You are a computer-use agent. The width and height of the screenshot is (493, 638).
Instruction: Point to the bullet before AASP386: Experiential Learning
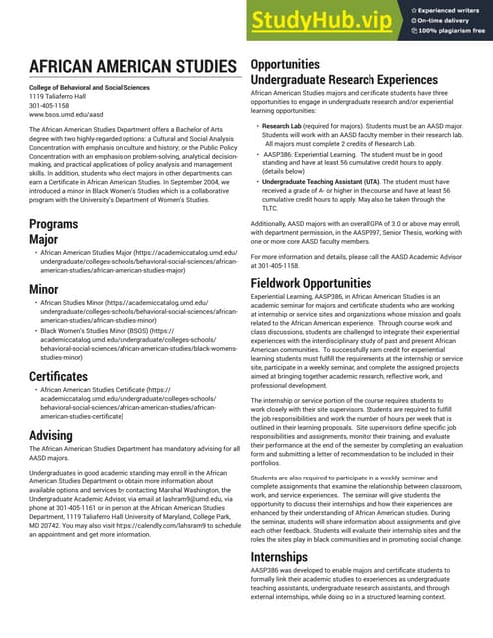tap(257, 156)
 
